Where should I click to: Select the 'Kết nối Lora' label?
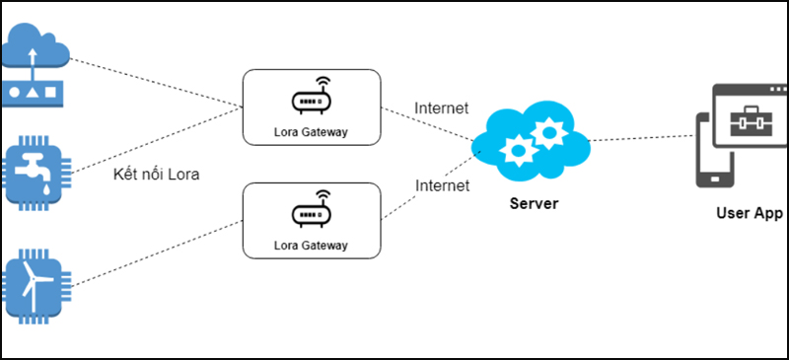point(157,176)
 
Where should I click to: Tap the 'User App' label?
point(749,212)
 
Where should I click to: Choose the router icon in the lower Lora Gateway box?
point(311,211)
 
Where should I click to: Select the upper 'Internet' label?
point(441,108)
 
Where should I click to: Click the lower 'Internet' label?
point(441,184)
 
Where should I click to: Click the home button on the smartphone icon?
point(711,180)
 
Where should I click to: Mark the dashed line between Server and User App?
point(641,139)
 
